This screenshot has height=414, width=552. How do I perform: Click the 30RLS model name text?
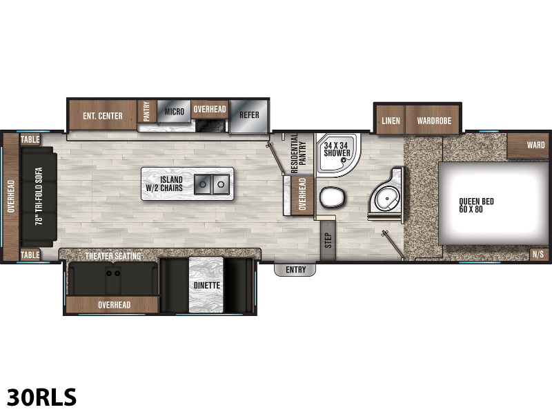(x=41, y=397)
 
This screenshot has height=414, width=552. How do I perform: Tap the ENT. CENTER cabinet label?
(x=103, y=116)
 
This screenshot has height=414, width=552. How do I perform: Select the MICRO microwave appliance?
(x=174, y=112)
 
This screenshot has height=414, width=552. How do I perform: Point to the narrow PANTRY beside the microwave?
(x=147, y=111)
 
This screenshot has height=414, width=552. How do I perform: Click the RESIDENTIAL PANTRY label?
(x=299, y=152)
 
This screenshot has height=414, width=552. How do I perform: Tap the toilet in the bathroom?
(x=332, y=197)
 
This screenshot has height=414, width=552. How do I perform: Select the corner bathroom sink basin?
(x=386, y=199)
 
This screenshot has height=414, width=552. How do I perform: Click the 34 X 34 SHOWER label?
(x=337, y=149)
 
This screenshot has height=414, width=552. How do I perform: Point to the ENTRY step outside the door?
(x=295, y=270)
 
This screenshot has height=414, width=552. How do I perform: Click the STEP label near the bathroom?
(x=328, y=240)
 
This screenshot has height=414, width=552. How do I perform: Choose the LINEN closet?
(x=391, y=120)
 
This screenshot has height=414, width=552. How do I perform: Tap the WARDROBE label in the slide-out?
(x=434, y=121)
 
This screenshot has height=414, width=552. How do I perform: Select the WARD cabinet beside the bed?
(x=528, y=146)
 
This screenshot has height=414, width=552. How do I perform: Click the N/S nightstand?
(x=539, y=254)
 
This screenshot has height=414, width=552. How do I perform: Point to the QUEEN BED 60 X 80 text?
(x=476, y=205)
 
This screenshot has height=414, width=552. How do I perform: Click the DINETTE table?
(x=206, y=285)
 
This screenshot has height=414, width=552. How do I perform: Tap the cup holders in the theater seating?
(x=113, y=273)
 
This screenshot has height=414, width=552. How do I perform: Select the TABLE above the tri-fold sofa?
(x=30, y=139)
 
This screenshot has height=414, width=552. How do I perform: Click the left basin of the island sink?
(x=203, y=184)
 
